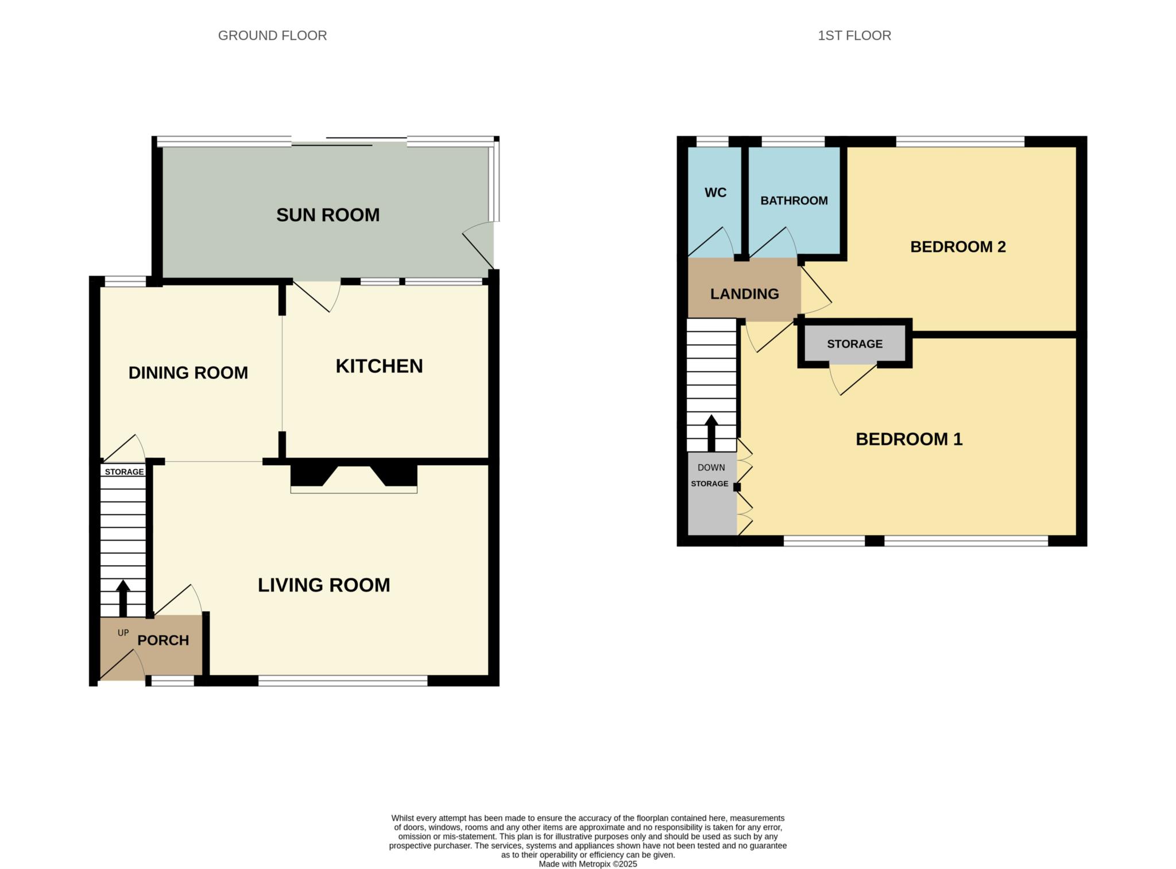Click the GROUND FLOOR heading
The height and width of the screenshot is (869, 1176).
coord(272,36)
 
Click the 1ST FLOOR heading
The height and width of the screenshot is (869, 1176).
coord(854,36)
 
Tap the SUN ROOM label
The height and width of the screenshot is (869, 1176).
coord(328,215)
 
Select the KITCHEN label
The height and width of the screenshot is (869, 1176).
coord(379,366)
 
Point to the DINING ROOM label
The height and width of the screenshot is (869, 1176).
coord(188,373)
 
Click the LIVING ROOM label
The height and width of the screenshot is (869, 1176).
coord(324,585)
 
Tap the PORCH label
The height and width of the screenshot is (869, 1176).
coord(163,640)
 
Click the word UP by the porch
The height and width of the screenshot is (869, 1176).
coord(123,633)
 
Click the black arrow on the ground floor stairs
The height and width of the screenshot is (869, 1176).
coord(123,598)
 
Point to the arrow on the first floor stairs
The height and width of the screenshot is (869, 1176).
coord(711,432)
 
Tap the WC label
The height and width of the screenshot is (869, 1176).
coord(715,192)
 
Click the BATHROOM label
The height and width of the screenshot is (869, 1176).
coord(794,200)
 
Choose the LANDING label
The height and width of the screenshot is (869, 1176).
coord(744,294)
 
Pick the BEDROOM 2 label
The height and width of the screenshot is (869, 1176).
coord(958,247)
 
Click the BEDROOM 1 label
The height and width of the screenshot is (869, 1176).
coord(909,439)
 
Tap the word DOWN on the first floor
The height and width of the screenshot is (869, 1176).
coord(711,468)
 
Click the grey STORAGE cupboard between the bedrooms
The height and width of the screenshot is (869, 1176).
coord(855,344)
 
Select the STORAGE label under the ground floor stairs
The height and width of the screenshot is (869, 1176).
coord(124,472)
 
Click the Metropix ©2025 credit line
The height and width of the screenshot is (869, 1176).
coord(588,864)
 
